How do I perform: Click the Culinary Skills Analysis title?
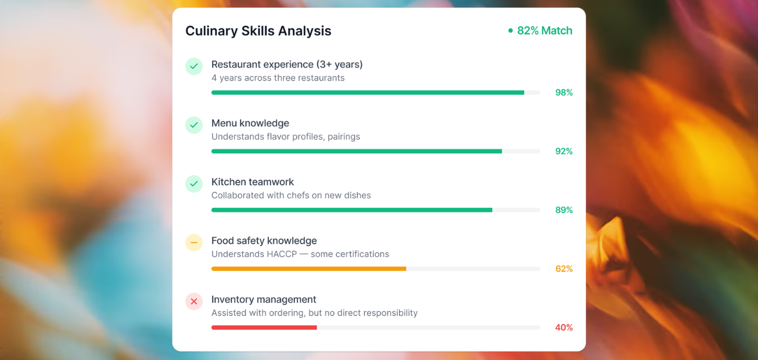(x=258, y=31)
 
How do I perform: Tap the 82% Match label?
(x=544, y=31)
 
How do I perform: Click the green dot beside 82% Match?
(x=510, y=31)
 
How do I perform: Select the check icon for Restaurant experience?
(x=194, y=66)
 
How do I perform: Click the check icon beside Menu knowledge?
(x=194, y=125)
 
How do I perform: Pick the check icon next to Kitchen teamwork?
(x=194, y=184)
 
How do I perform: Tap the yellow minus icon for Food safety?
(x=194, y=242)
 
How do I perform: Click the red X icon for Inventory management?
(x=194, y=301)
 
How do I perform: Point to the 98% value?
(x=564, y=93)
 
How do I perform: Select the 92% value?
(x=564, y=151)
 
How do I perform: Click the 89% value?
(x=564, y=210)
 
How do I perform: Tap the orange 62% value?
(x=564, y=269)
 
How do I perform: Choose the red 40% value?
(x=564, y=327)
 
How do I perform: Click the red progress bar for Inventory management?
(x=264, y=327)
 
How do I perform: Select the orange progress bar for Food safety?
(x=308, y=269)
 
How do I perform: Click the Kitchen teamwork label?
(x=253, y=182)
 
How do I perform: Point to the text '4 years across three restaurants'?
(x=278, y=78)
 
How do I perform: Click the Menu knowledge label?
(x=250, y=123)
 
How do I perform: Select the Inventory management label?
(x=264, y=299)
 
